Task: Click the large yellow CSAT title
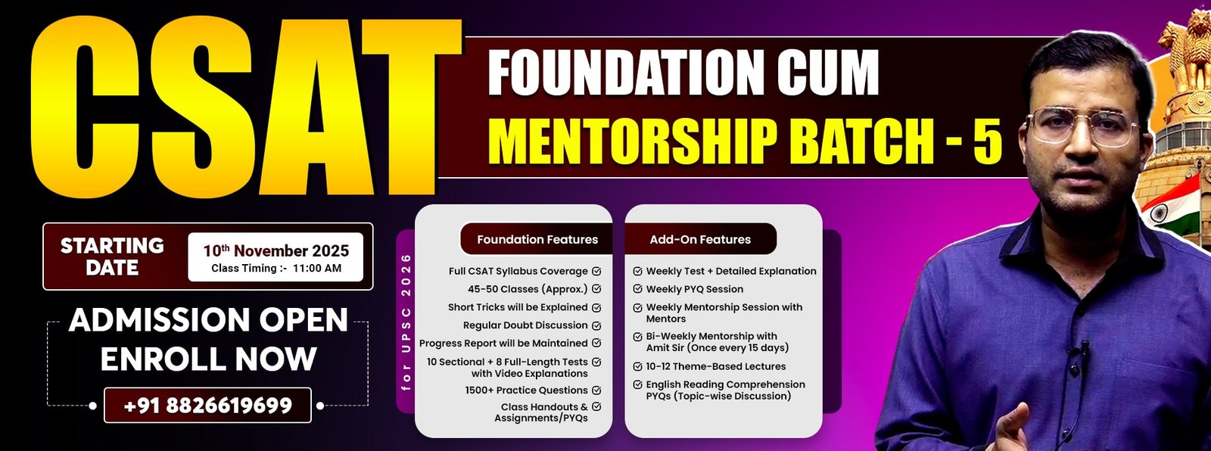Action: (x=246, y=107)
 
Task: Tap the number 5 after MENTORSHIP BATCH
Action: (x=988, y=142)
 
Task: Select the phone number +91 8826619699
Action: (x=207, y=406)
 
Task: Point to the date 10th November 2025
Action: (x=276, y=250)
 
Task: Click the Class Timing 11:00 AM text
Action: (x=276, y=268)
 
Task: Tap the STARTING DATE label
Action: (x=112, y=257)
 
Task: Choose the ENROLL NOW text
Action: (x=208, y=359)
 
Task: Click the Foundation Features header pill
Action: (x=537, y=239)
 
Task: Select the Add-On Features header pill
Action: (x=700, y=239)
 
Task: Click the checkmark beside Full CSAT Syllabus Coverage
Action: (x=596, y=271)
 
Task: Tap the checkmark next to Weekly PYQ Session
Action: (x=638, y=289)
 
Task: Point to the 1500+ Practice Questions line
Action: (x=526, y=390)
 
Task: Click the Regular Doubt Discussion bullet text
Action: (x=525, y=325)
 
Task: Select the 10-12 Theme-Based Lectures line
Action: (x=716, y=366)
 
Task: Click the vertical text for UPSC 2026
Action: (x=406, y=322)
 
